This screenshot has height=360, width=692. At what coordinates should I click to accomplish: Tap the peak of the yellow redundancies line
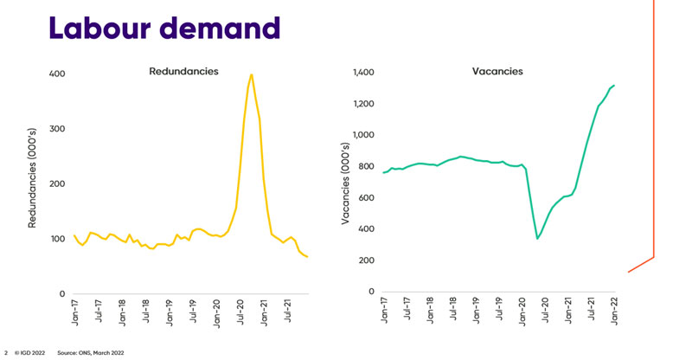point(252,74)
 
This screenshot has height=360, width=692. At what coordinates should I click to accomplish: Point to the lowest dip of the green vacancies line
point(537,239)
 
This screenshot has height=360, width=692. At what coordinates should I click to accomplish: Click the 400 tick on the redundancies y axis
point(57,74)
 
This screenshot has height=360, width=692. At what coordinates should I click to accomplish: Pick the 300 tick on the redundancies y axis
point(57,129)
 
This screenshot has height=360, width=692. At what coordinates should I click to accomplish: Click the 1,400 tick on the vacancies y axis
point(362,73)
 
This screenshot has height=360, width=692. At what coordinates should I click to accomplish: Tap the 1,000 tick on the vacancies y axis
point(362,135)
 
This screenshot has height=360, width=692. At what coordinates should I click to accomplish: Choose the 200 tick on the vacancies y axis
point(367,260)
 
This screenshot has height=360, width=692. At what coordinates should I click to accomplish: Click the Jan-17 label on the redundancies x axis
point(75,312)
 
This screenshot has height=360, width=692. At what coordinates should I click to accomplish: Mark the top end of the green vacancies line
point(614,85)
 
